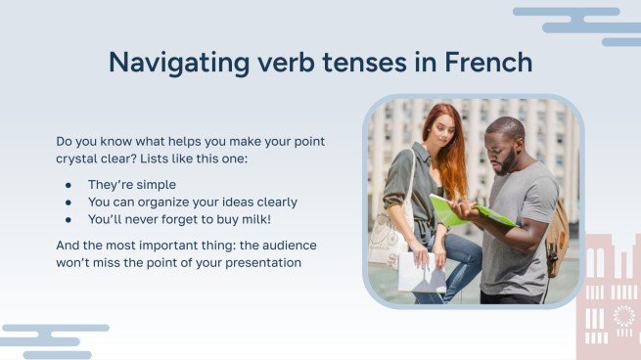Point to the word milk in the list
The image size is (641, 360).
(x=252, y=219)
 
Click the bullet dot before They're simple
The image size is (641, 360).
(x=69, y=184)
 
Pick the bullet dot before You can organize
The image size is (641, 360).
(x=69, y=202)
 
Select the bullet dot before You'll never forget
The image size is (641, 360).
(x=69, y=219)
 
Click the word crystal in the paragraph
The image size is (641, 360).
(x=79, y=159)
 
